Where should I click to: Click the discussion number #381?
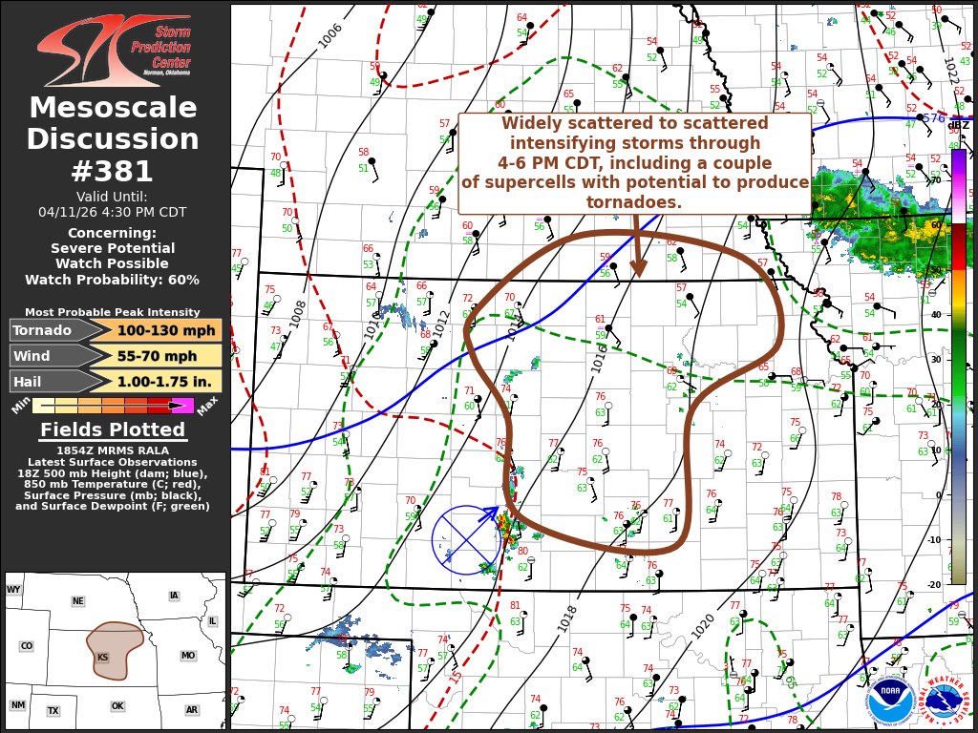point(113,171)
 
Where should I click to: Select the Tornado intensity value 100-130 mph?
point(158,330)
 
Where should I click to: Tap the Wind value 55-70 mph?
point(158,356)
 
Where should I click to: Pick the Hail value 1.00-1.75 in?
point(158,381)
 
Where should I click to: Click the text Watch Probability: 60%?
point(113,280)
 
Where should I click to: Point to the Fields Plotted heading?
point(113,430)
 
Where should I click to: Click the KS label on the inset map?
point(102,658)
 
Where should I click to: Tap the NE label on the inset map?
point(77,601)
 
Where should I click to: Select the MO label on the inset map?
point(187,656)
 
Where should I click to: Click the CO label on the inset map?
point(26,646)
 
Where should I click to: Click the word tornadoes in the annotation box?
point(634,201)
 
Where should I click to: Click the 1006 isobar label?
point(330,34)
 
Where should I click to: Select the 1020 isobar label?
point(702,626)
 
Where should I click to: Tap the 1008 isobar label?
point(298,314)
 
